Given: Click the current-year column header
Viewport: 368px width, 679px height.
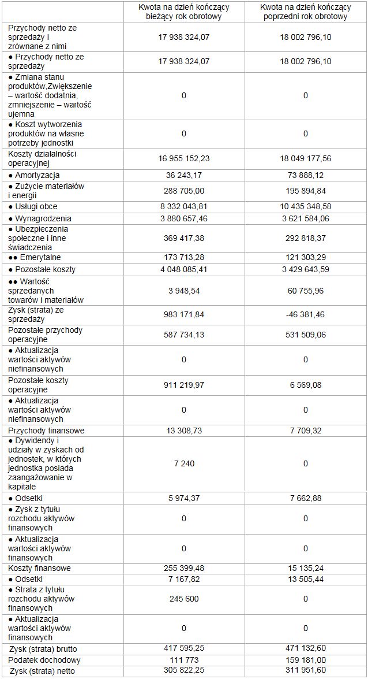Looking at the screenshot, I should (184, 12).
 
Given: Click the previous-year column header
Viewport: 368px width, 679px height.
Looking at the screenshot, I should (305, 12).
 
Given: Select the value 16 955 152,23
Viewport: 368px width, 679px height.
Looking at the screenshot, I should (184, 158).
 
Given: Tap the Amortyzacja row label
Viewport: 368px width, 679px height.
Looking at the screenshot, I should (34, 175).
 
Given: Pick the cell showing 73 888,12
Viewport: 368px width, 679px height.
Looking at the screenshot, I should (305, 175).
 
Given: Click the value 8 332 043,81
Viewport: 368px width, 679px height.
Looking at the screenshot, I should (184, 206).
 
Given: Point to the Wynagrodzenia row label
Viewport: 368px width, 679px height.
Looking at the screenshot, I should (40, 218).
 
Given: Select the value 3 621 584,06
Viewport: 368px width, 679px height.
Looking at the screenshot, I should (305, 218).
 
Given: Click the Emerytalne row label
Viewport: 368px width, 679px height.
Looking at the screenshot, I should (34, 257).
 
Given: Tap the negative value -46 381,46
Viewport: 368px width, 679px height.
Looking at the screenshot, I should (305, 314).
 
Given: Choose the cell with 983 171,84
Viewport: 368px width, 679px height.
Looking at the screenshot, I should (184, 314).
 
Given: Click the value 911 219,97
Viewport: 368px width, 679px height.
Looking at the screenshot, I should (184, 385).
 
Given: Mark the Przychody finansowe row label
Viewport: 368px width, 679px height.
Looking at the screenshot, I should (46, 431).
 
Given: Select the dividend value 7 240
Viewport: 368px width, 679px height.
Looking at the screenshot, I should (184, 463).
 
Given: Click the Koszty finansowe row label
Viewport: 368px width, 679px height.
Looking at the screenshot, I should (40, 568).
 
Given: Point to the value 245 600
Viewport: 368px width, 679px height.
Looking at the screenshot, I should (184, 599).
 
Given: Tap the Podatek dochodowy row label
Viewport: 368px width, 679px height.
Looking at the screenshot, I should (44, 660).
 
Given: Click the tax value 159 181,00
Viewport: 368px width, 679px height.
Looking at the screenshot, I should (305, 660).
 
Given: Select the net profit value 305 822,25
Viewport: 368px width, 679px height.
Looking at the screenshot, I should (184, 671).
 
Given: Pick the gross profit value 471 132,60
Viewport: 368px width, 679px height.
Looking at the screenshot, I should (305, 649).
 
